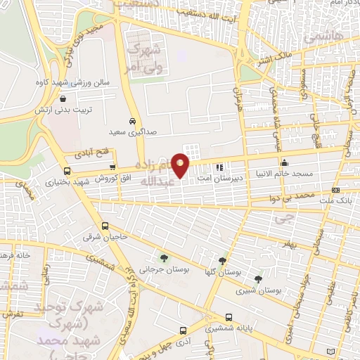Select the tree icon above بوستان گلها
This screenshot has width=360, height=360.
pyautogui.click(x=223, y=260)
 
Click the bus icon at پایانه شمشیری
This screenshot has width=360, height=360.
pyautogui.click(x=229, y=317)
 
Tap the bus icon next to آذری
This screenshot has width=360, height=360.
pyautogui.click(x=183, y=330)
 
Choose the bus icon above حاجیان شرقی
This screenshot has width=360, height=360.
pyautogui.click(x=105, y=226)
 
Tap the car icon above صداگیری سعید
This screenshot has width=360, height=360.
pyautogui.click(x=132, y=120)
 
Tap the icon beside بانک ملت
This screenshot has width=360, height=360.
pyautogui.click(x=333, y=189)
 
